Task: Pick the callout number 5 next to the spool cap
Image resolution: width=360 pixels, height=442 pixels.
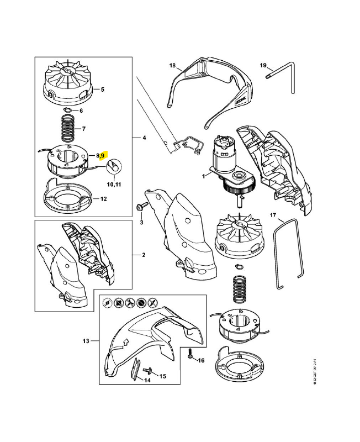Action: click(102, 88)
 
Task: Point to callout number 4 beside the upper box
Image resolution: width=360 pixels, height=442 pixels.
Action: click(144, 137)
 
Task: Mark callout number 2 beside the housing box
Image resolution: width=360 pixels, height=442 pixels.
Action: click(144, 256)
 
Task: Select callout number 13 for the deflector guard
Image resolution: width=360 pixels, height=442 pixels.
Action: click(86, 341)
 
